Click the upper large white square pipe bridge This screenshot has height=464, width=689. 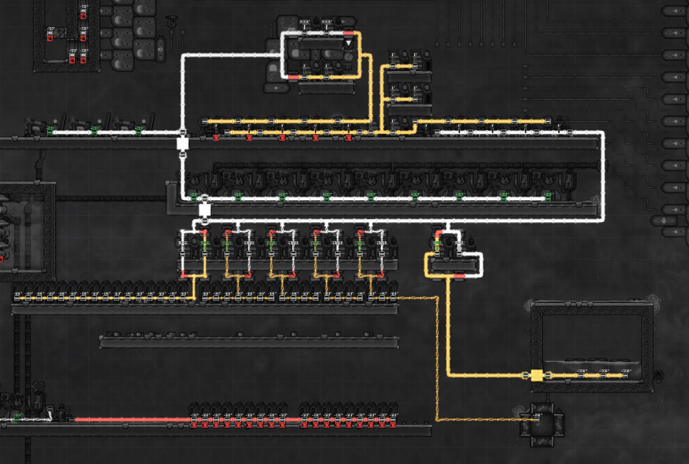pos(182,144)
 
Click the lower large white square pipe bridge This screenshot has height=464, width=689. pos(204,210)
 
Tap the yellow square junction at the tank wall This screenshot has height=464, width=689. pos(536,375)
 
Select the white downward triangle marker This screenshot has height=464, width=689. pos(348,44)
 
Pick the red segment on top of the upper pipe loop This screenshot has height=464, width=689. pos(348,33)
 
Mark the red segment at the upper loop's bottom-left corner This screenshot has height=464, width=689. pos(293,76)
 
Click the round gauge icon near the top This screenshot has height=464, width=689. pos(172,22)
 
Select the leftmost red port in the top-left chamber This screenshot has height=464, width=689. pos(50,38)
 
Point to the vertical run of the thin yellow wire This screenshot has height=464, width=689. pos(437,356)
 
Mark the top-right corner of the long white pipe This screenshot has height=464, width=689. pos(603,132)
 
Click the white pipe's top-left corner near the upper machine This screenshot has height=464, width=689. pos(183,56)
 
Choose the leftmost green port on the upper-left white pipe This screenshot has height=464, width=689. pos(51,131)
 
